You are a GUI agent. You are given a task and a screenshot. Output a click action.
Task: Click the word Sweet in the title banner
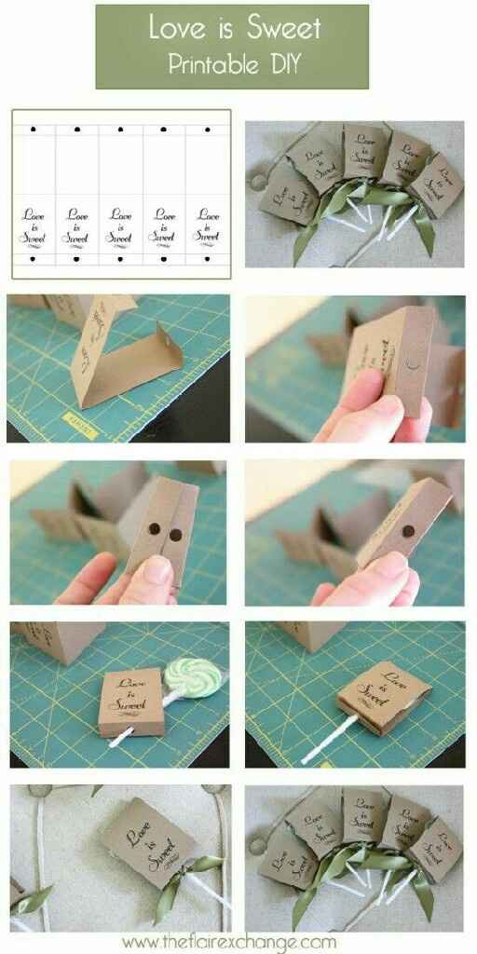tap(284, 28)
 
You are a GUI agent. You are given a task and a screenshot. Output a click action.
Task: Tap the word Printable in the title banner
tap(211, 65)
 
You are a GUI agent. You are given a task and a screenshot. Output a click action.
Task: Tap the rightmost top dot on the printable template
tap(208, 129)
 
